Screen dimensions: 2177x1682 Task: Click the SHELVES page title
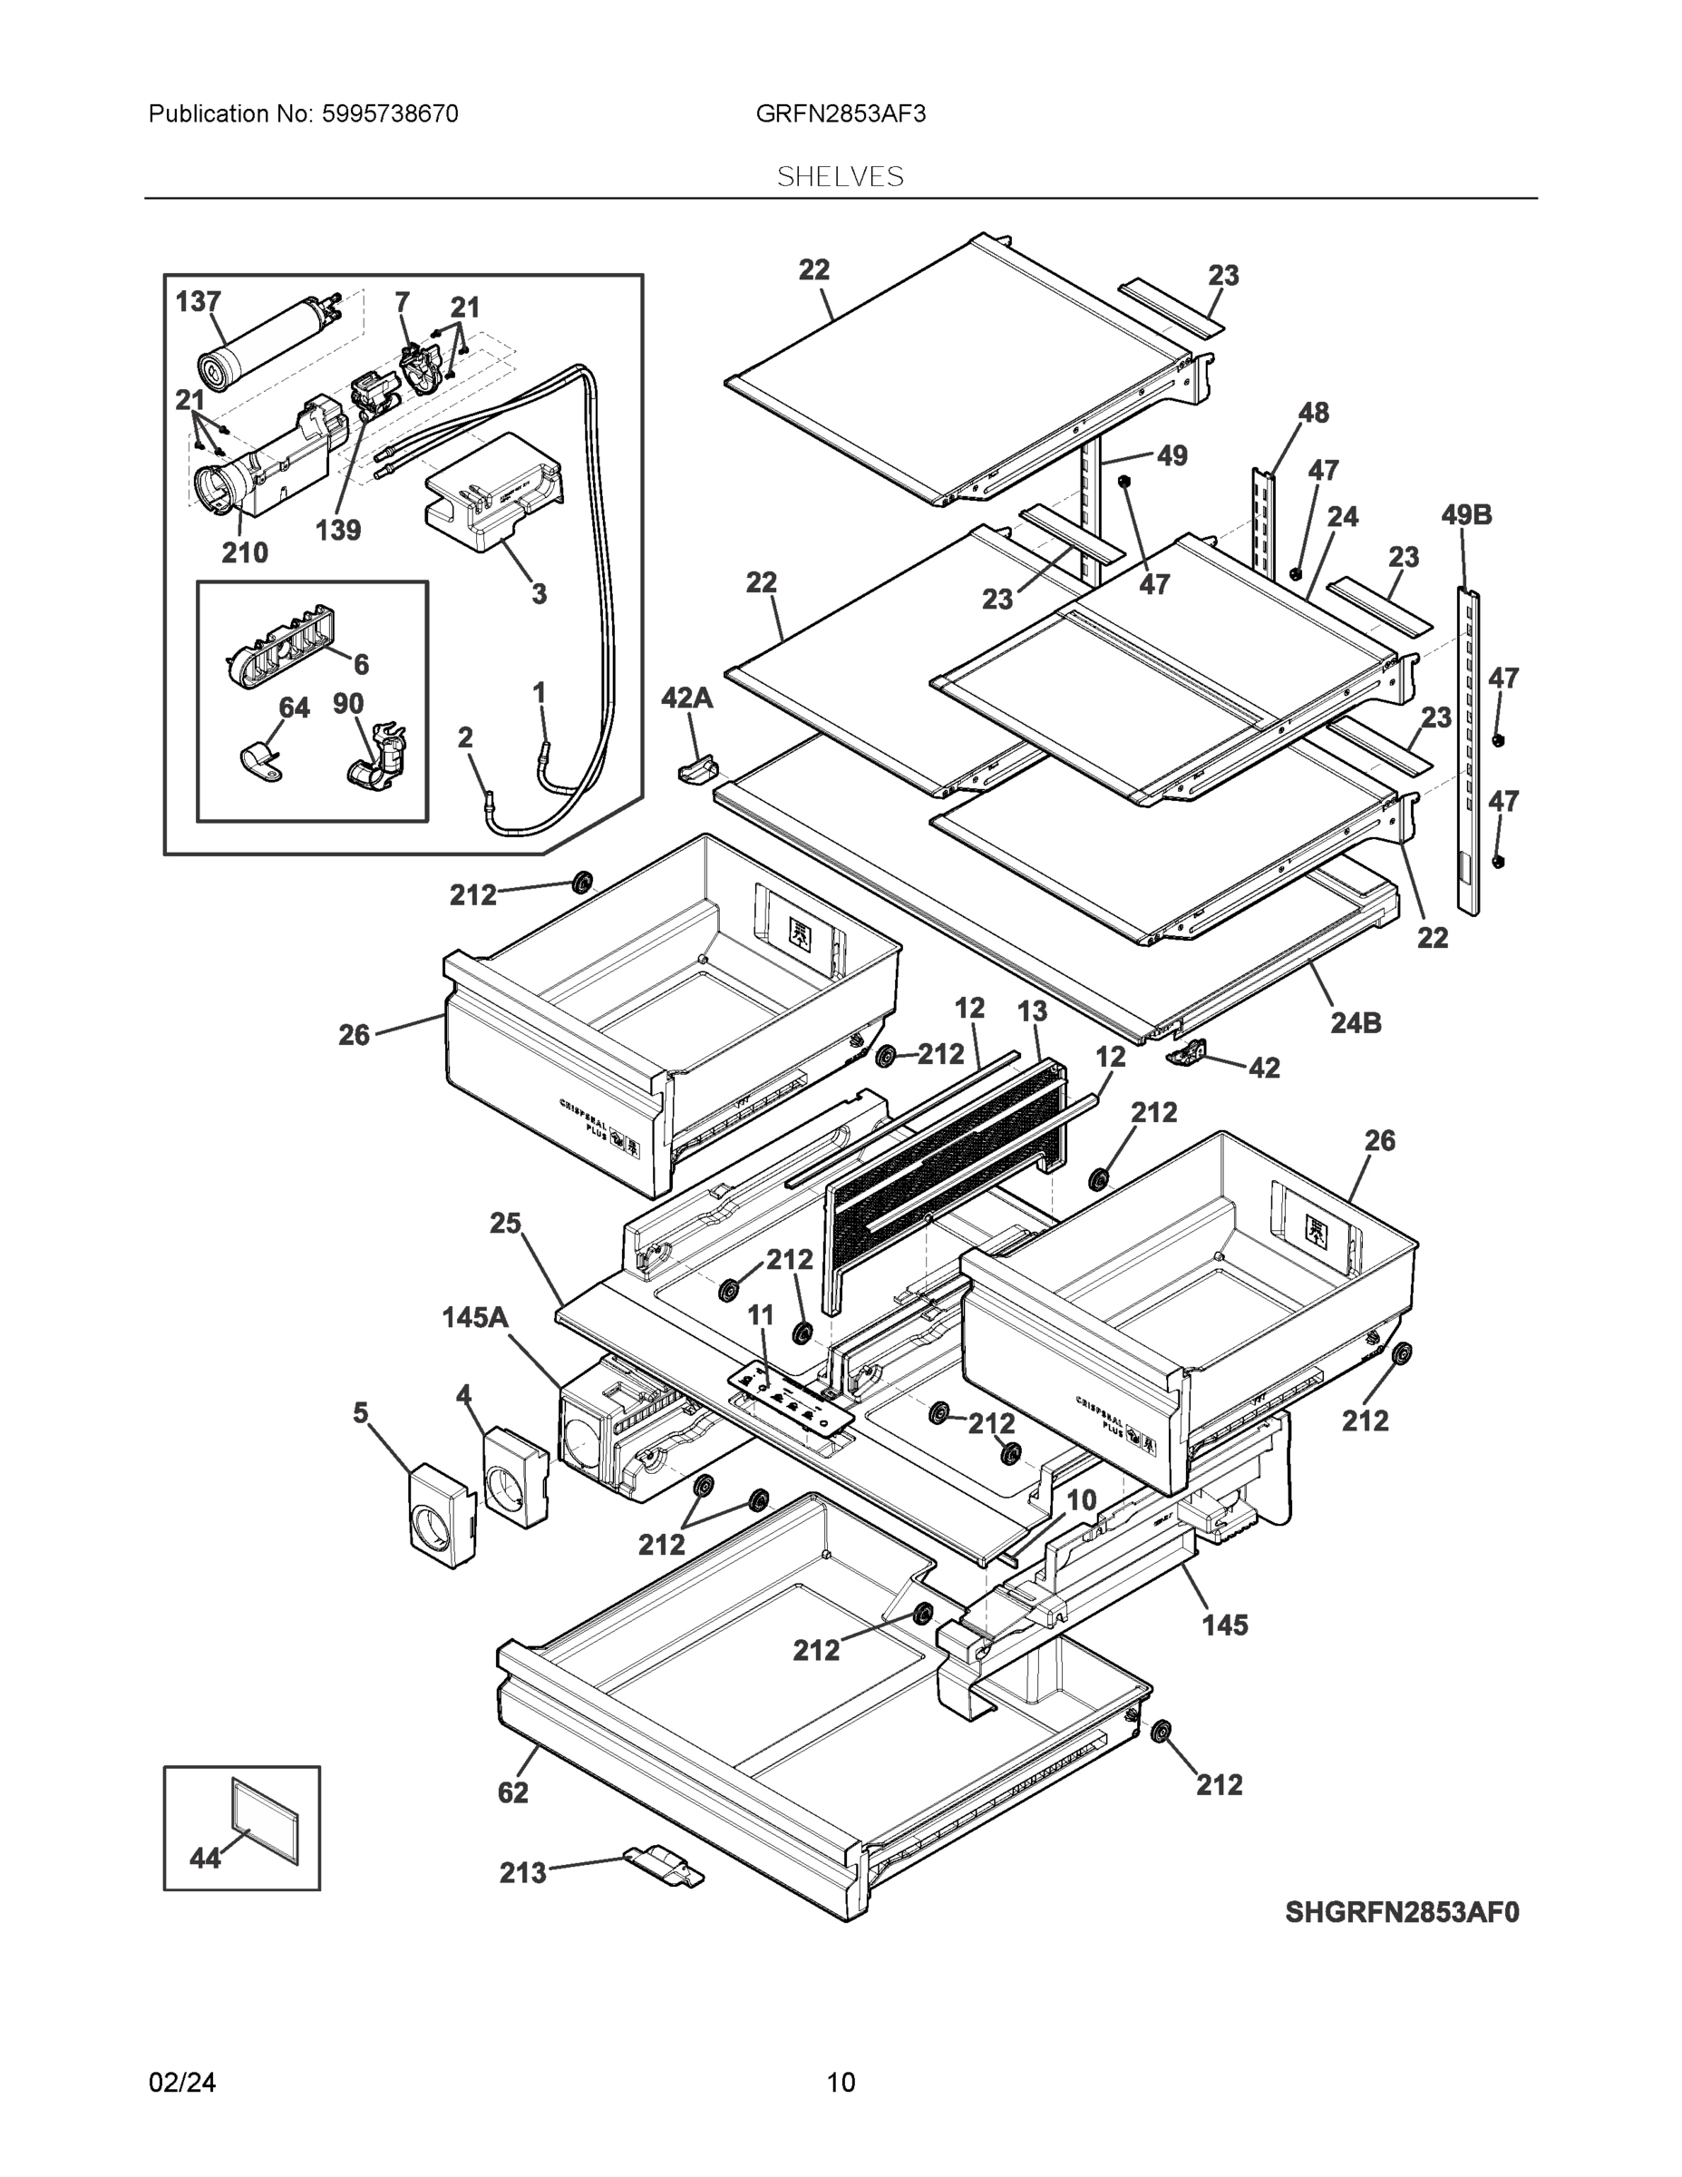point(840,177)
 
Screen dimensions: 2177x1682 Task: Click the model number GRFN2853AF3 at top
point(840,113)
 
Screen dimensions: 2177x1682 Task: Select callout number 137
point(199,301)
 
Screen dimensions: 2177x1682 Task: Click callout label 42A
point(686,698)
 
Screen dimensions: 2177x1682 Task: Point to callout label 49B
point(1466,515)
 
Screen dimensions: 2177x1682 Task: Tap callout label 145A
point(475,1318)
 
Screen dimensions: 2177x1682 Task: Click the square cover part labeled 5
point(442,1518)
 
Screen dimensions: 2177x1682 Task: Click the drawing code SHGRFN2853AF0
point(1402,1913)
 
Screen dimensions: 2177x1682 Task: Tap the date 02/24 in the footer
point(182,2083)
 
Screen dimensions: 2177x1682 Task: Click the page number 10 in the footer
point(840,2083)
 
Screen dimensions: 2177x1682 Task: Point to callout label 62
point(513,1792)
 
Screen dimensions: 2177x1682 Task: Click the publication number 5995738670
point(390,113)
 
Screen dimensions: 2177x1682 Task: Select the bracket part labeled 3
point(493,493)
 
